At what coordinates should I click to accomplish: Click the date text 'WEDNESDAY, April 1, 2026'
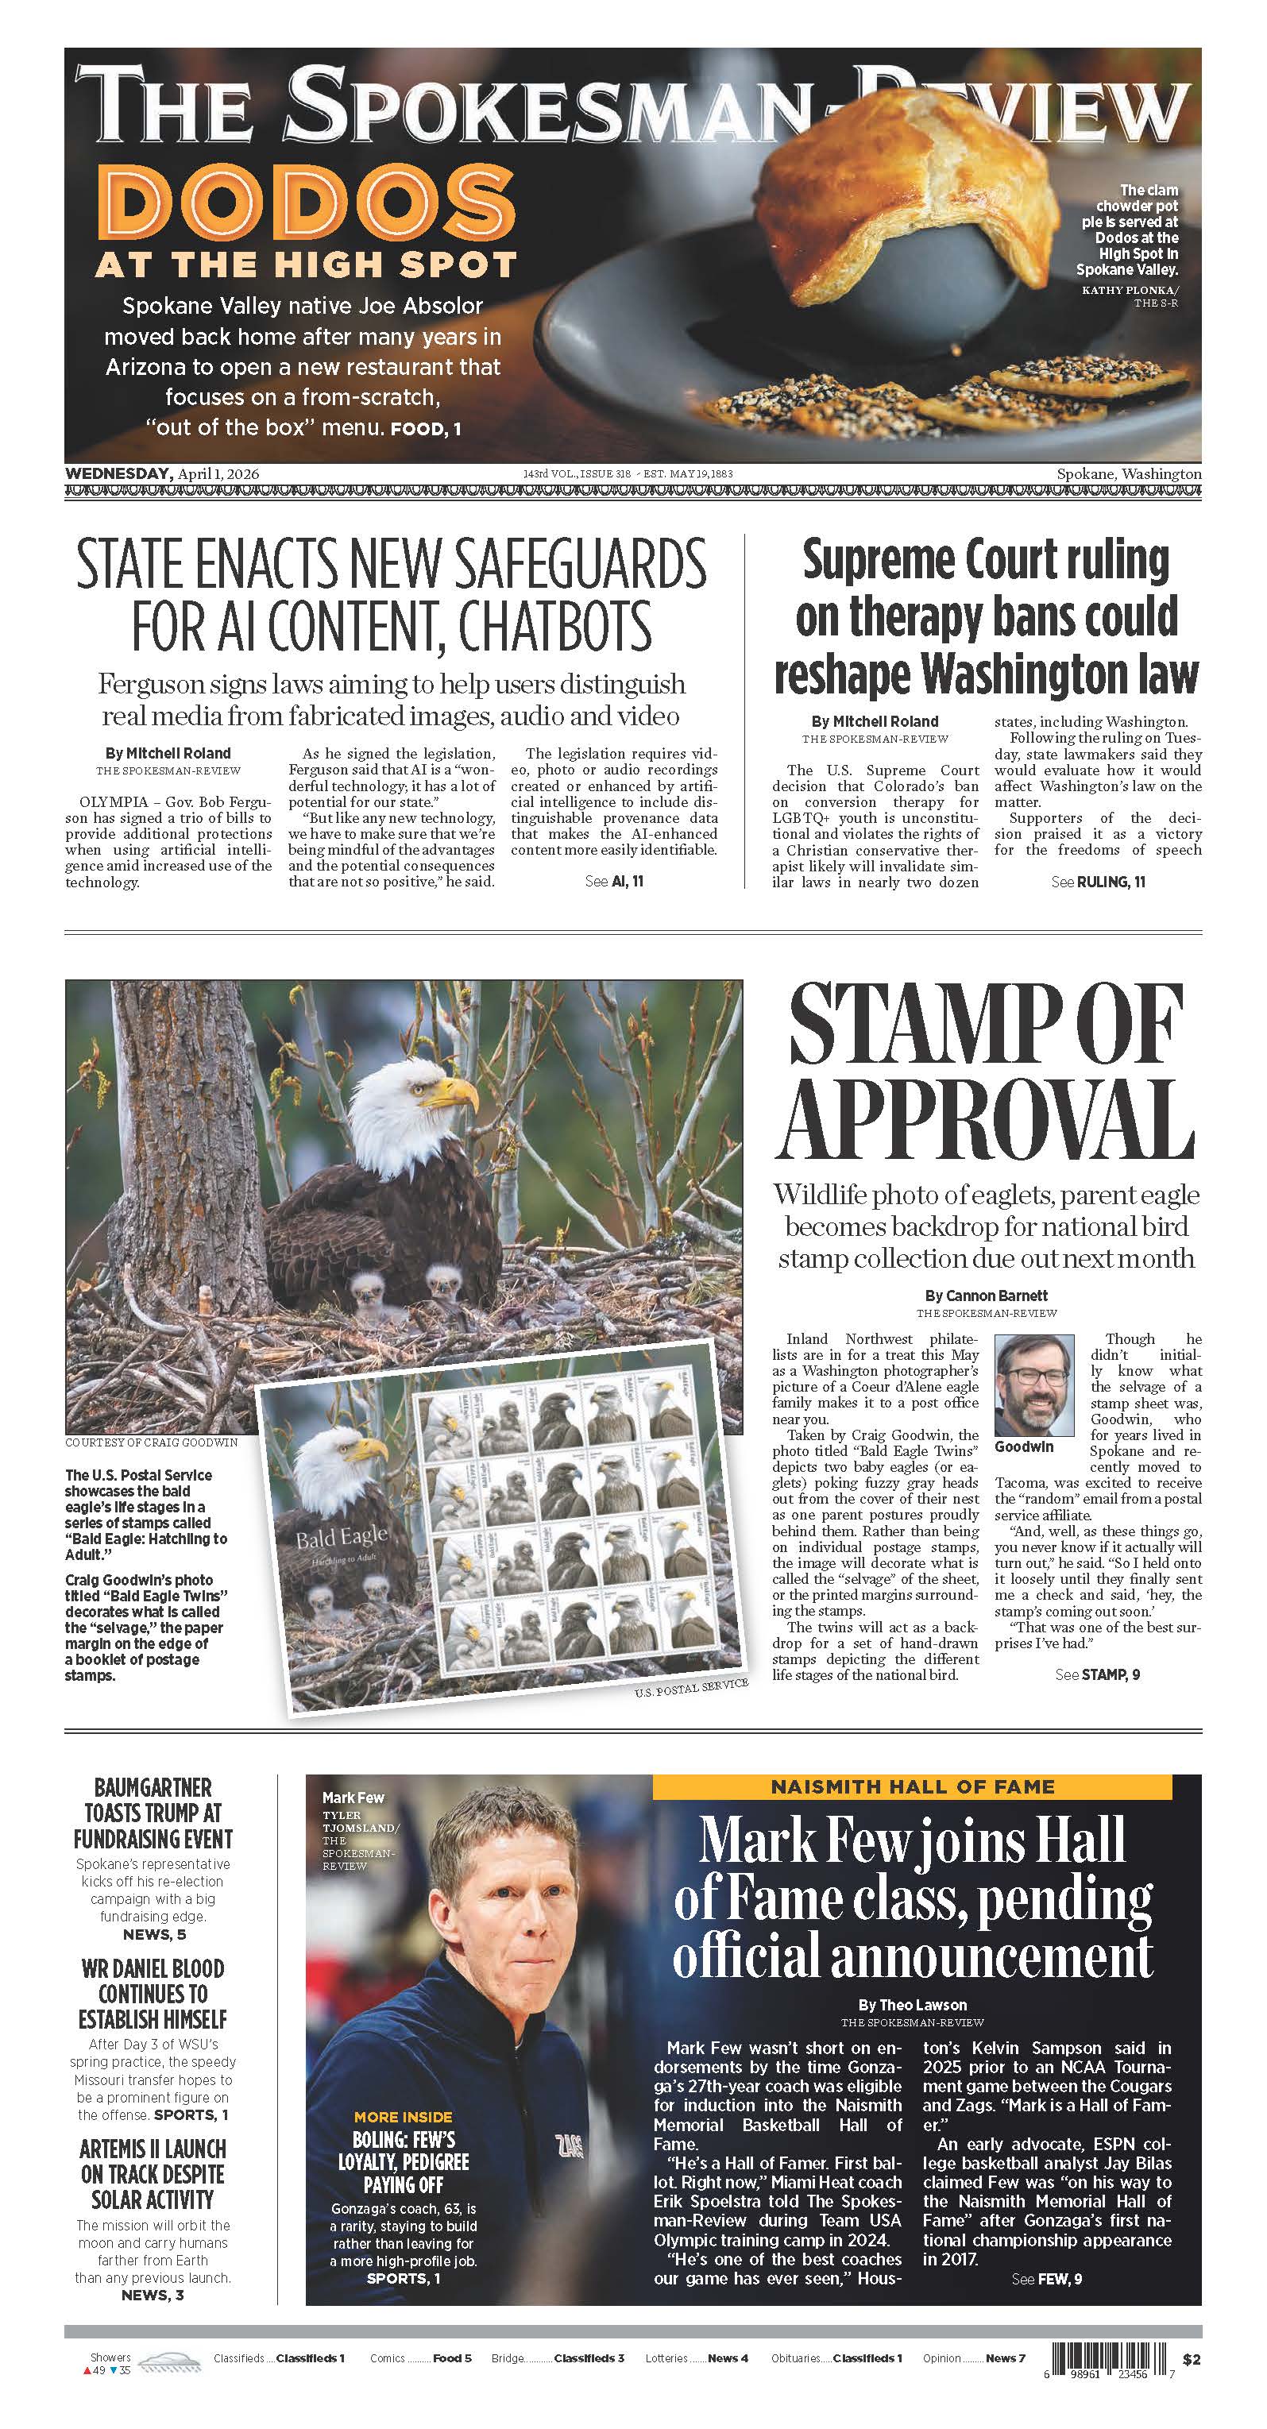tap(162, 473)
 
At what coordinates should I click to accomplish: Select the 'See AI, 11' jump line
tap(614, 881)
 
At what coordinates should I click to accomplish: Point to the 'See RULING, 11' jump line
tap(1099, 882)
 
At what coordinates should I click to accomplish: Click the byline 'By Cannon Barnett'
tap(986, 1296)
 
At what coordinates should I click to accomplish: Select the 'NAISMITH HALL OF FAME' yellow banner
tap(913, 1787)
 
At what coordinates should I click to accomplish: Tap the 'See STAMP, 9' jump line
tap(1097, 1674)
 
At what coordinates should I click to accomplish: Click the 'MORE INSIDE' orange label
tap(404, 2117)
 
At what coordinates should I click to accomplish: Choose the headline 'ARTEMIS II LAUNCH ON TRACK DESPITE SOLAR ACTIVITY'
tap(153, 2173)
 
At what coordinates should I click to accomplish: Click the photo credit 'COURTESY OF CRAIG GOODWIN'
tap(151, 1442)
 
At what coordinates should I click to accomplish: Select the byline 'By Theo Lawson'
tap(913, 2005)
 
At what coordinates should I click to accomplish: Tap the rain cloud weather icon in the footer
tap(171, 2361)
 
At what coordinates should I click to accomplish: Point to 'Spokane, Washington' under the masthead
tap(1129, 474)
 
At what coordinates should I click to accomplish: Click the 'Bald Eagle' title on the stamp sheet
tap(342, 1539)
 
